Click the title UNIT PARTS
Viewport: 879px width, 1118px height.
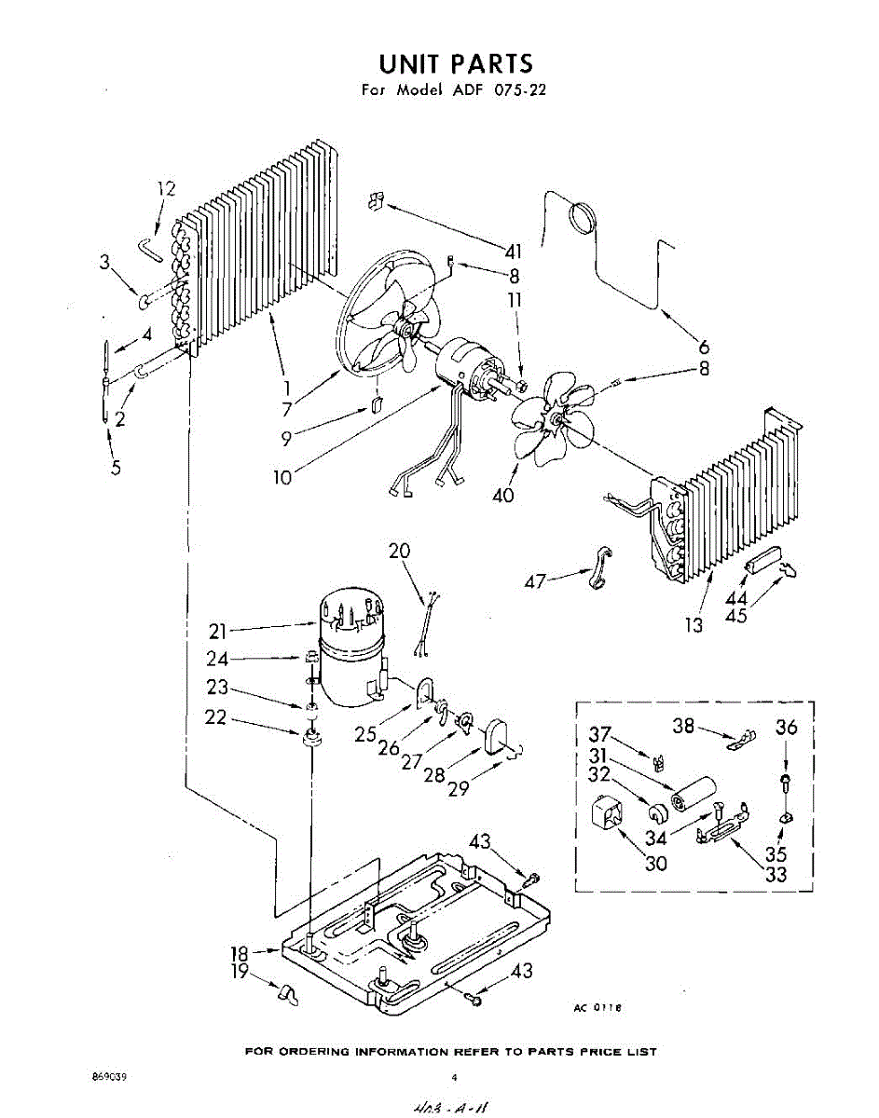(455, 63)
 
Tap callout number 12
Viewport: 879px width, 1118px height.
(166, 188)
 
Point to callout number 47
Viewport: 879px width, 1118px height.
(534, 581)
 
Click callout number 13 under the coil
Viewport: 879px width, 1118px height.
(694, 625)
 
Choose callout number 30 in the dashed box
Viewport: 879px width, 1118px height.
(656, 864)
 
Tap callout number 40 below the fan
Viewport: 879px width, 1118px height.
(503, 495)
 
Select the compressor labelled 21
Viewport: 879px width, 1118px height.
(350, 643)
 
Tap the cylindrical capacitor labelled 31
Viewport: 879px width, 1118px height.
(693, 794)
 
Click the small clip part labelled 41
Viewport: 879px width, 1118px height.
(376, 199)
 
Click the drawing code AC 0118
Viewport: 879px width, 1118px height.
(597, 1007)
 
